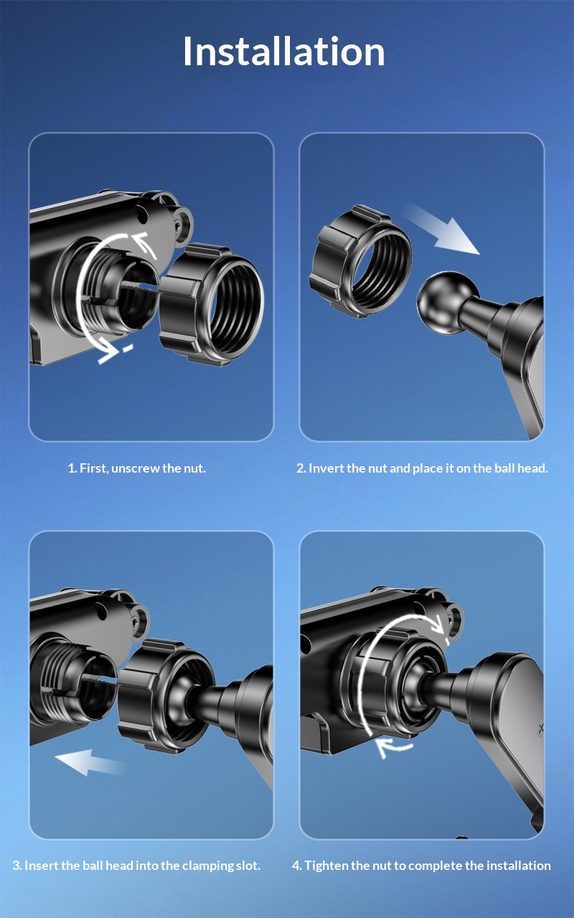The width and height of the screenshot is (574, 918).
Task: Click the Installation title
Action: coord(283,51)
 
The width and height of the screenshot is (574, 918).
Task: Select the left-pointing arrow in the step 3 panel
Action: coord(90,762)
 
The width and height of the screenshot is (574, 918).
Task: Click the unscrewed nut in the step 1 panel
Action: coord(211,304)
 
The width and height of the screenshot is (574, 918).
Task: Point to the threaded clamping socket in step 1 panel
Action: coord(108,287)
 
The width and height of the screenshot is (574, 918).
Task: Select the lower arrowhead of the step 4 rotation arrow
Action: coord(387,747)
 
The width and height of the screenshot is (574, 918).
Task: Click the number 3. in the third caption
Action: coord(17,866)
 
